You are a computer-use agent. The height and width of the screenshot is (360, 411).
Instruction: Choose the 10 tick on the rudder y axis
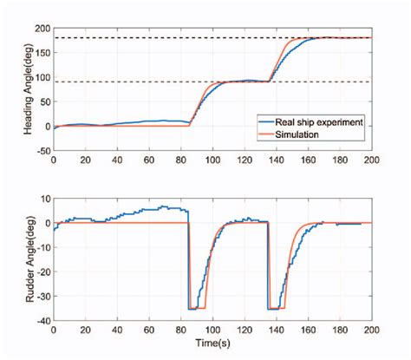pyautogui.click(x=44, y=199)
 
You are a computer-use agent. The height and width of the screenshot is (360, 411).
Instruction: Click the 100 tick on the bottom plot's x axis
pyautogui.click(x=213, y=331)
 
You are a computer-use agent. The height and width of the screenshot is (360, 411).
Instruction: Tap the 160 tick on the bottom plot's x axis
pyautogui.click(x=309, y=331)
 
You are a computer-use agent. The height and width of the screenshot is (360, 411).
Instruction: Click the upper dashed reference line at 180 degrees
pyautogui.click(x=173, y=37)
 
